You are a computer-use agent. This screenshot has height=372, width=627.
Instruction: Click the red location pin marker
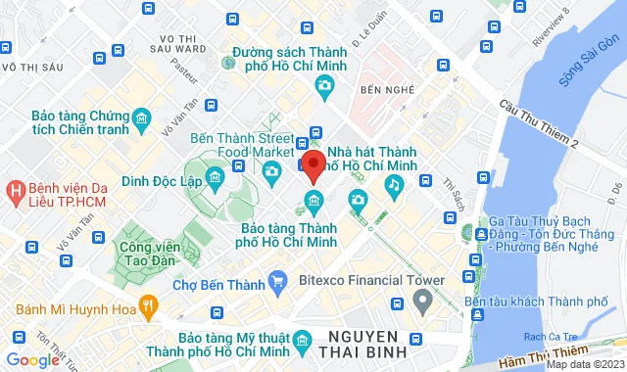click(x=313, y=164)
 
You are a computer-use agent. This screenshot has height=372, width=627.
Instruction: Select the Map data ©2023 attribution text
click(x=585, y=365)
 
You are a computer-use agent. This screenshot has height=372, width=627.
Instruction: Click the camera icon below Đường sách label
click(x=324, y=86)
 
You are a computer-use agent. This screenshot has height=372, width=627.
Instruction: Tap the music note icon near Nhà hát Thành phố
click(x=393, y=183)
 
